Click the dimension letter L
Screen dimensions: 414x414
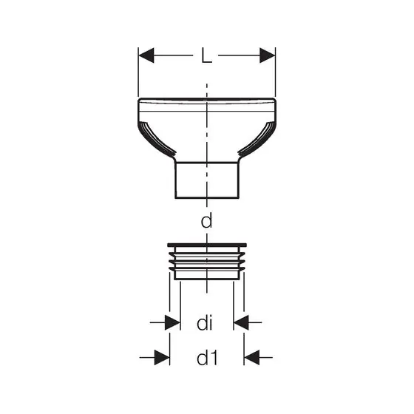click(x=206, y=55)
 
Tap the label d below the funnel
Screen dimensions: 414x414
click(x=206, y=221)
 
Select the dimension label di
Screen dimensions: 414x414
click(x=205, y=323)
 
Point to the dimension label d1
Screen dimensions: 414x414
click(x=207, y=358)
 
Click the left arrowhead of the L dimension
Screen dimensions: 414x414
click(x=146, y=55)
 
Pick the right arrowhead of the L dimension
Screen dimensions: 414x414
click(x=267, y=55)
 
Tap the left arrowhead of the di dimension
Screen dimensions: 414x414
click(x=172, y=322)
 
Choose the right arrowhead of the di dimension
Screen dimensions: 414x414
click(x=241, y=322)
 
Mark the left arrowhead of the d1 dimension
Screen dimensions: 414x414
click(x=162, y=358)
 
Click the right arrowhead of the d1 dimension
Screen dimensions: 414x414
click(x=252, y=358)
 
